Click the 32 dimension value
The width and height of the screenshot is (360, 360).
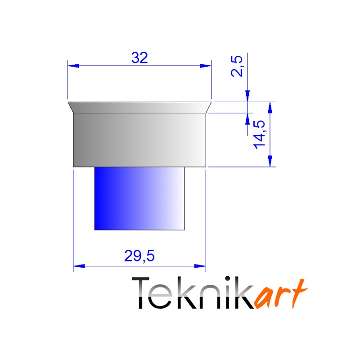139,58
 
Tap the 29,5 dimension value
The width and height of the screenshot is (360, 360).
139,256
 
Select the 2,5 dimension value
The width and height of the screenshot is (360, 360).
237,66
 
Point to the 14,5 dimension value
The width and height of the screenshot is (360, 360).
260,135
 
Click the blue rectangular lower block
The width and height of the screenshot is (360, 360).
139,198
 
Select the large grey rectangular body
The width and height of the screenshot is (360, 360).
139,140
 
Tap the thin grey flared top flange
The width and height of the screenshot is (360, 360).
139,107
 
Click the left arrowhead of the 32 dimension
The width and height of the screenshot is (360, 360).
73,66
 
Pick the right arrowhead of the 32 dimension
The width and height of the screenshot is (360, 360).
206,66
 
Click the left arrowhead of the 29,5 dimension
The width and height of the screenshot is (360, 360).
79,266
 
